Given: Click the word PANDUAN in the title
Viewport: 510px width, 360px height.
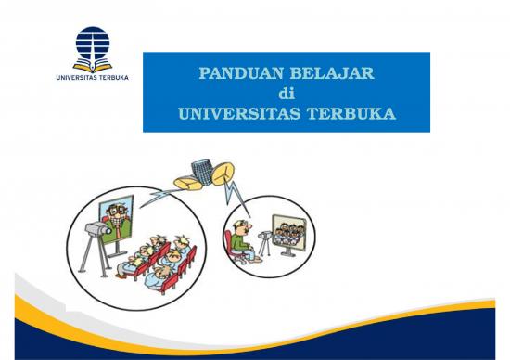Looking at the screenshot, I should [233, 74].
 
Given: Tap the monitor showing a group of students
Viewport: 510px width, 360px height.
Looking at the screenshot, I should [287, 237].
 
